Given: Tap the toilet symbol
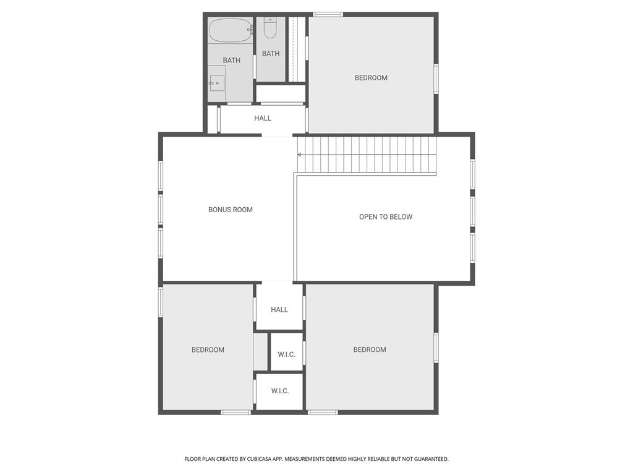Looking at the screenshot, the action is [x=270, y=27].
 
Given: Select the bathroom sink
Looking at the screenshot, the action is [x=217, y=83].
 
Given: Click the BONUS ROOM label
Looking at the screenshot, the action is [x=231, y=210].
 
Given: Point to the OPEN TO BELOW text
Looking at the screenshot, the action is [x=386, y=217].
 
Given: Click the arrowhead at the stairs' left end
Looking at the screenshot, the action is [x=300, y=155].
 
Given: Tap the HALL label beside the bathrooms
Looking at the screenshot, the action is [x=263, y=118].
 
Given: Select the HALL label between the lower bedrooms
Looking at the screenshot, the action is [x=279, y=310].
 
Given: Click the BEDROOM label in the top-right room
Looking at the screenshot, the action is [x=371, y=78].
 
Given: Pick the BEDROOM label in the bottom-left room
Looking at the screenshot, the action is [x=208, y=350].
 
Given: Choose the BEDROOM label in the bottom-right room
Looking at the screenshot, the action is [x=370, y=350].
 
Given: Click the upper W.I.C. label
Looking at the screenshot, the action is [x=287, y=354].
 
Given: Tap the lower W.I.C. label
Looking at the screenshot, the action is [x=280, y=391].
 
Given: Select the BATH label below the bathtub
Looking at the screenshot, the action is [x=232, y=61].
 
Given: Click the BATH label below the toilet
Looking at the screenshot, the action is [x=271, y=54].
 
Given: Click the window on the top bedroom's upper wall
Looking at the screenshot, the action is [x=328, y=15].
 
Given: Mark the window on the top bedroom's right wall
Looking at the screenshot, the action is [x=436, y=79].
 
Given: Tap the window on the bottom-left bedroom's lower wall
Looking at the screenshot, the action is [x=236, y=413].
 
